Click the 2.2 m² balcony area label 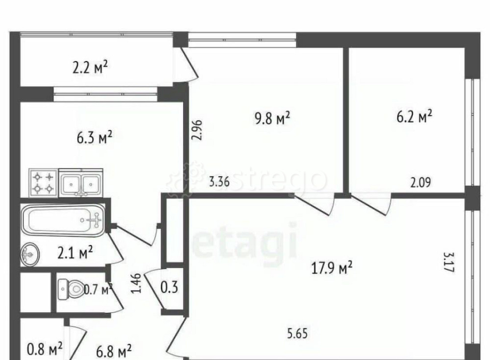point(90,67)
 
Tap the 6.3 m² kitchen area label point(95,138)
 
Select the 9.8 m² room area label point(272,118)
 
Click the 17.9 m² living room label point(332,268)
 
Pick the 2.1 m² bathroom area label point(75,253)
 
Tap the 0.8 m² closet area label point(45,349)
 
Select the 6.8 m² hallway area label point(114,351)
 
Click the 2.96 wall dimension point(198,130)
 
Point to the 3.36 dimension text point(220,182)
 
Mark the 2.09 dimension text point(420,182)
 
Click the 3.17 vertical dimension point(449,263)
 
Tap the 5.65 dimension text point(297,334)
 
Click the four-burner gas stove point(44,183)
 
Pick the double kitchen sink point(81,183)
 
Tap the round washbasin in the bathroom point(30,254)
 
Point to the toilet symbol point(71,289)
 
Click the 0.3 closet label point(169,288)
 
